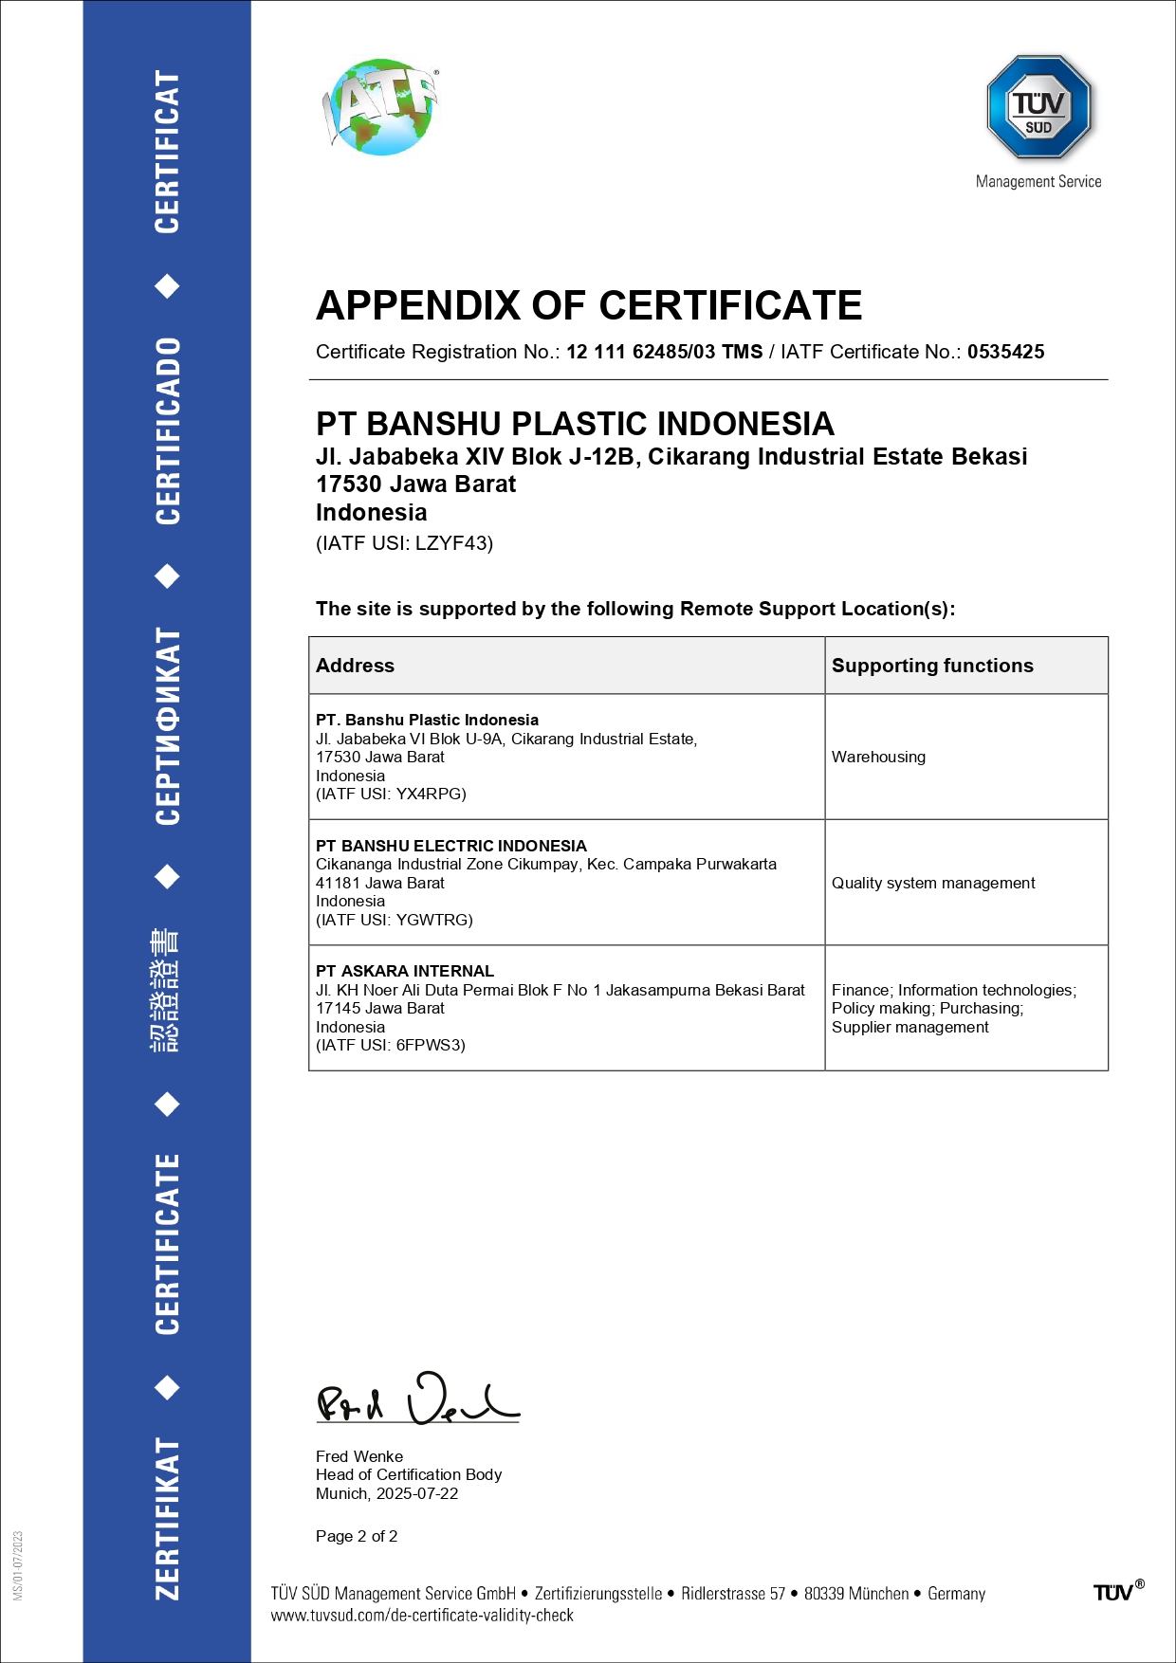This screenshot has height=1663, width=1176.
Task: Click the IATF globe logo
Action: [381, 107]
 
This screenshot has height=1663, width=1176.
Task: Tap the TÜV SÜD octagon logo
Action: [1038, 107]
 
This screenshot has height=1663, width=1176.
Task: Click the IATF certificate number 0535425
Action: [1005, 352]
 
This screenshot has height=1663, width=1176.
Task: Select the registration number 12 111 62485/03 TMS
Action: [664, 352]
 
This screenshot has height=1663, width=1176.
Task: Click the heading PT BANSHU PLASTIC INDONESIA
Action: [575, 424]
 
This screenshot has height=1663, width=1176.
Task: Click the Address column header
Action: [355, 666]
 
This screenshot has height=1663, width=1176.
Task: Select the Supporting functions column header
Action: [932, 666]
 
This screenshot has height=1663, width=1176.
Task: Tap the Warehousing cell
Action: [878, 757]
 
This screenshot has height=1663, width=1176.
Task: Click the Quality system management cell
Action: [933, 883]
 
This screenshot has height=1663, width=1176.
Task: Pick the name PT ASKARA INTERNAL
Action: [405, 971]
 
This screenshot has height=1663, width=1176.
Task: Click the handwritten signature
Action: [417, 1398]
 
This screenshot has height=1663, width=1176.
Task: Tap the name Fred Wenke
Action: [359, 1456]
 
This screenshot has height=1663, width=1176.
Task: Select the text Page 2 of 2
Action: [357, 1536]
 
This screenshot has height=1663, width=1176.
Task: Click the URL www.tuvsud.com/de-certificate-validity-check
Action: [422, 1615]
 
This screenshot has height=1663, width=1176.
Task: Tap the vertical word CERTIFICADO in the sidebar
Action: [167, 431]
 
